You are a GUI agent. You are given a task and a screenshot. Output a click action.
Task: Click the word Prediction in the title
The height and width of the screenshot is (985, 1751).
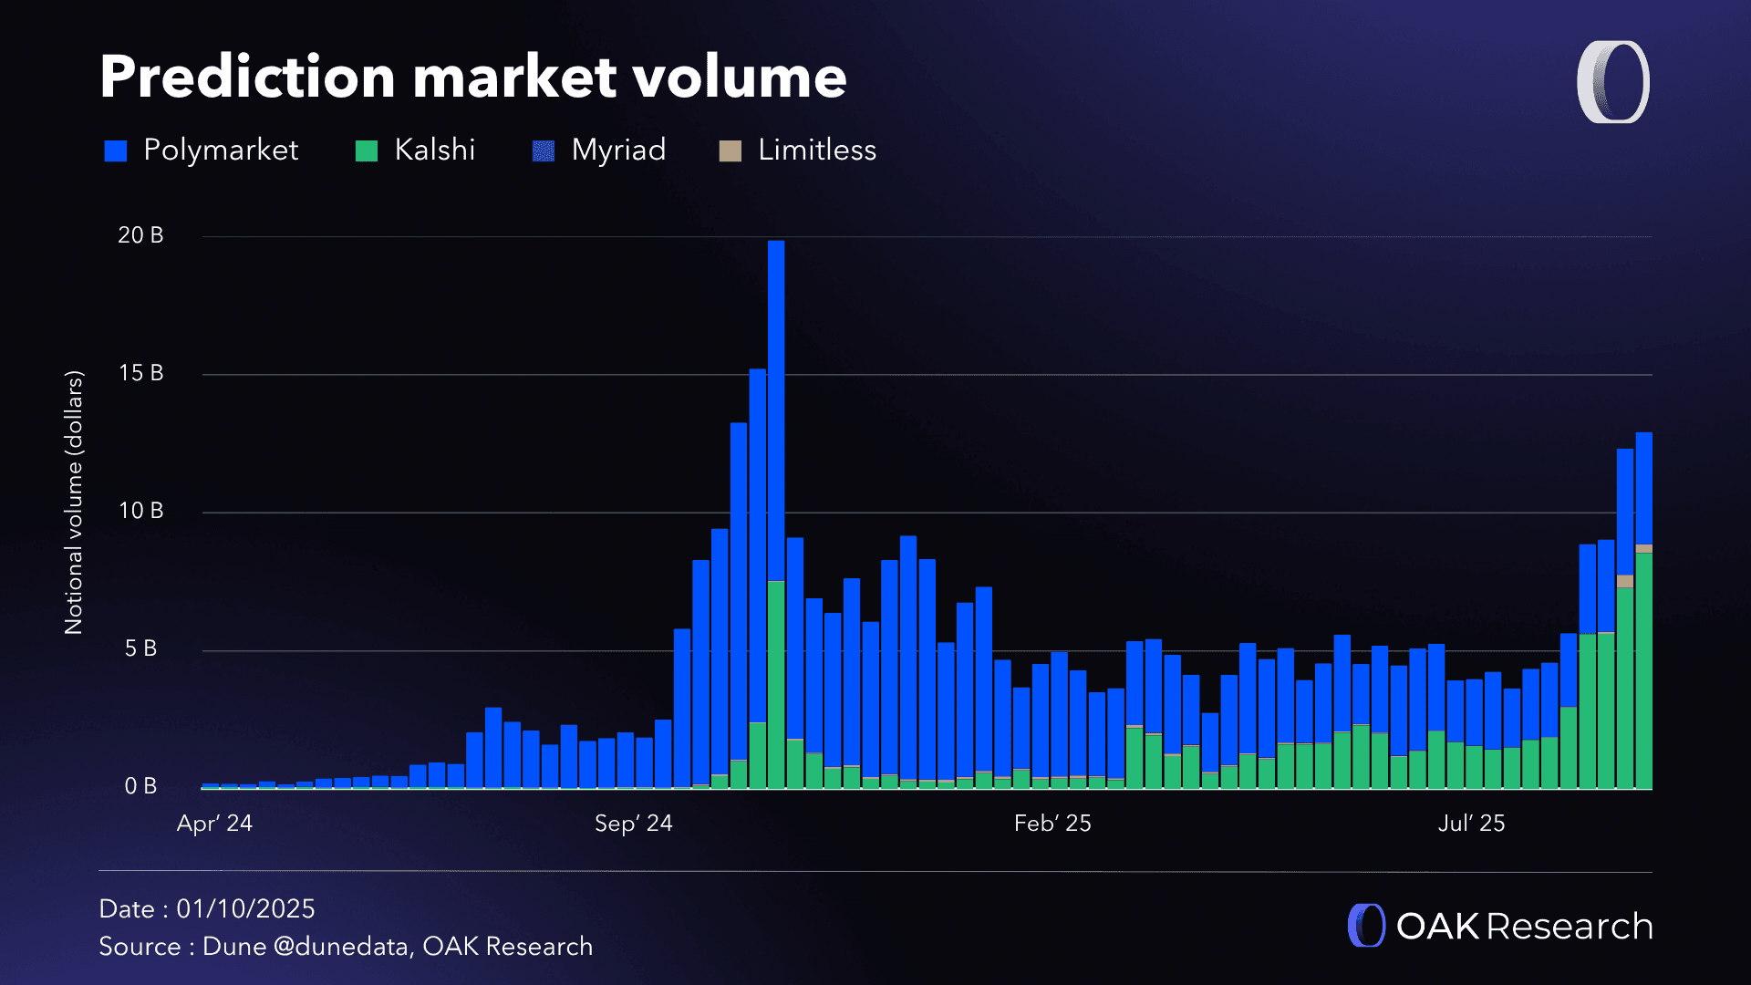coord(247,77)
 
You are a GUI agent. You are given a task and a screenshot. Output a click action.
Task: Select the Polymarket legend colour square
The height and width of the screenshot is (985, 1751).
coord(116,150)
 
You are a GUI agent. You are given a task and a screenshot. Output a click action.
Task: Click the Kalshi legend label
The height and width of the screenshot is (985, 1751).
coord(434,150)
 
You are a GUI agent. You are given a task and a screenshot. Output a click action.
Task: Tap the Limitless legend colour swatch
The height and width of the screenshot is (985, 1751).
coord(730,150)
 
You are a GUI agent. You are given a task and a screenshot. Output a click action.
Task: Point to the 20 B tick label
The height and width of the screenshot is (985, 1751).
coord(140,235)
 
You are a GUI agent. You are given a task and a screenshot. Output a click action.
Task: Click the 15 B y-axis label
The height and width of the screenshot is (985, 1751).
coord(140,373)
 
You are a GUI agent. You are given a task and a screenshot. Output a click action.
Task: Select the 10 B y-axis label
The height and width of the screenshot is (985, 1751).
coord(140,511)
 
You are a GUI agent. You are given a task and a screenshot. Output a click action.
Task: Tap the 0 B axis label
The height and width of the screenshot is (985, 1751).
coord(140,786)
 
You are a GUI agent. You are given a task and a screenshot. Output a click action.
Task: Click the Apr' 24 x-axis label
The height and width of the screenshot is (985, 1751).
coord(214,824)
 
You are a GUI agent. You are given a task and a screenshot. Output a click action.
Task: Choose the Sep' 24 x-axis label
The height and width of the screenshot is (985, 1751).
coord(633,824)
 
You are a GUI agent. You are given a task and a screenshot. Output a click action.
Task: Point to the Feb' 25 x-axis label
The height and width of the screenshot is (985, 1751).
coord(1052,824)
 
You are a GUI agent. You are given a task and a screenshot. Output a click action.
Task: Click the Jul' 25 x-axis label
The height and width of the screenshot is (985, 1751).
coord(1471,824)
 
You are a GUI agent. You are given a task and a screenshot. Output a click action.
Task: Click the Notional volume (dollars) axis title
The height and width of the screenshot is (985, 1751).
coord(74,502)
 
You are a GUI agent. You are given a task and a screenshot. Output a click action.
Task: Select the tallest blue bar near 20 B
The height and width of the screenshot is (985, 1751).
coord(776,410)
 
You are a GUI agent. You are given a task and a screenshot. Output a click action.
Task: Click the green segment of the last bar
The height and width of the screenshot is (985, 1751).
coord(1643,670)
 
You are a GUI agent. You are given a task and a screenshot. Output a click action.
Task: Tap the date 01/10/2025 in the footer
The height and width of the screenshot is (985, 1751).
coord(245,909)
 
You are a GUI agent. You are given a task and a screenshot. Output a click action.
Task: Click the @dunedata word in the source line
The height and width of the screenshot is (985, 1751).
coord(340,947)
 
